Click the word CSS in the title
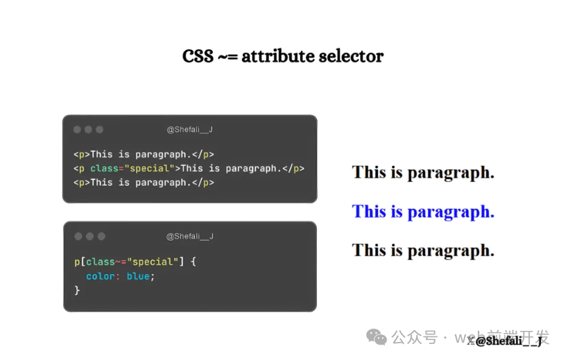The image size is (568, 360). click(x=198, y=56)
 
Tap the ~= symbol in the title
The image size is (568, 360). click(x=227, y=57)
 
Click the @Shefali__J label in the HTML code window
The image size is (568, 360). click(x=189, y=129)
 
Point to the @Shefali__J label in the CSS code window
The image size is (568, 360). click(x=189, y=236)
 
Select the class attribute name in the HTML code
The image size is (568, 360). click(x=104, y=169)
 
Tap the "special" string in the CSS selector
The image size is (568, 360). click(x=155, y=262)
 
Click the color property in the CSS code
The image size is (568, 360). click(x=100, y=276)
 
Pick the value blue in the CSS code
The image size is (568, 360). click(x=138, y=276)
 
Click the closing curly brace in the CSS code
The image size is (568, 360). click(x=77, y=290)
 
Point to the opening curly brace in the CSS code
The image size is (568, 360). click(x=193, y=262)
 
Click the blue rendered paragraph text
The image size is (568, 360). click(x=423, y=212)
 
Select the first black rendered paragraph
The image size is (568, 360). click(x=423, y=173)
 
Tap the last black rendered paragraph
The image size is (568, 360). click(x=423, y=251)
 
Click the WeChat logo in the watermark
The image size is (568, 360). click(x=377, y=337)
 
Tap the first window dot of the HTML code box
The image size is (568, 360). click(x=77, y=130)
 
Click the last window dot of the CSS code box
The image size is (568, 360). click(x=101, y=237)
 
